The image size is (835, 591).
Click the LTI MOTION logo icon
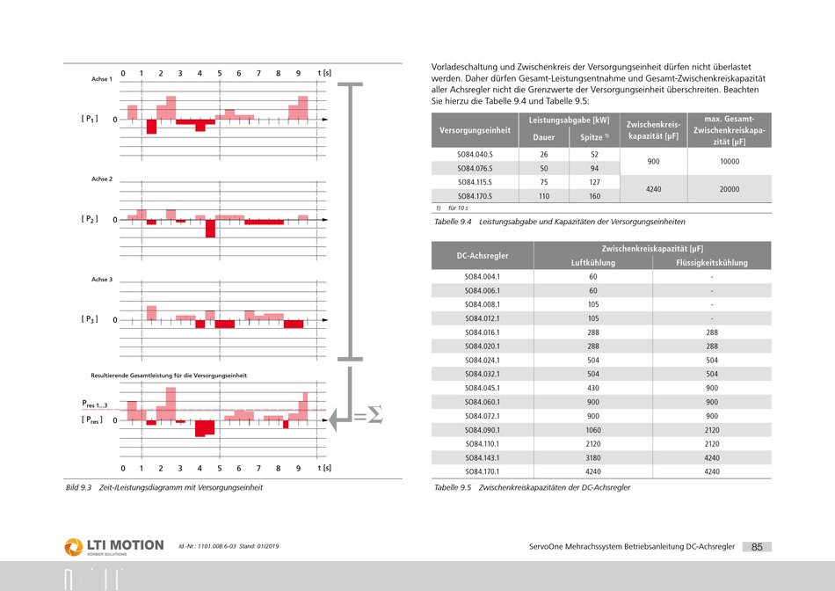pyautogui.click(x=74, y=547)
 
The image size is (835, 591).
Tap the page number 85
pyautogui.click(x=757, y=547)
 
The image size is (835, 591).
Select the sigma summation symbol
pyautogui.click(x=375, y=414)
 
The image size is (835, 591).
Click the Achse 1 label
pyautogui.click(x=102, y=79)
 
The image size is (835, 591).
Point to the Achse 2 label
pyautogui.click(x=102, y=179)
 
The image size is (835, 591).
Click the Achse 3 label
pyautogui.click(x=102, y=280)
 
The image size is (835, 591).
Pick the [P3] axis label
pyautogui.click(x=90, y=319)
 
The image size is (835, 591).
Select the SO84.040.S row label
pyautogui.click(x=475, y=155)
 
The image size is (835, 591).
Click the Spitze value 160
pyautogui.click(x=594, y=196)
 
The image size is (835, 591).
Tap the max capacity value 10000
pyautogui.click(x=729, y=162)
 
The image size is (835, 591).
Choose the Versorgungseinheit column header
pyautogui.click(x=475, y=130)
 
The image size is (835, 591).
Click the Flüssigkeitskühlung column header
pyautogui.click(x=711, y=263)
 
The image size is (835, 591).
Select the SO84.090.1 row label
pyautogui.click(x=483, y=430)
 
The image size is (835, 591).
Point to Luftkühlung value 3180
pyautogui.click(x=593, y=458)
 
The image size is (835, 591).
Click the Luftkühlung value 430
pyautogui.click(x=593, y=388)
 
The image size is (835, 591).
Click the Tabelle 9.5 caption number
pyautogui.click(x=453, y=487)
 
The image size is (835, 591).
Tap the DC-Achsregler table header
pyautogui.click(x=483, y=256)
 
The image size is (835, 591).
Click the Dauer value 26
pyautogui.click(x=544, y=155)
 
